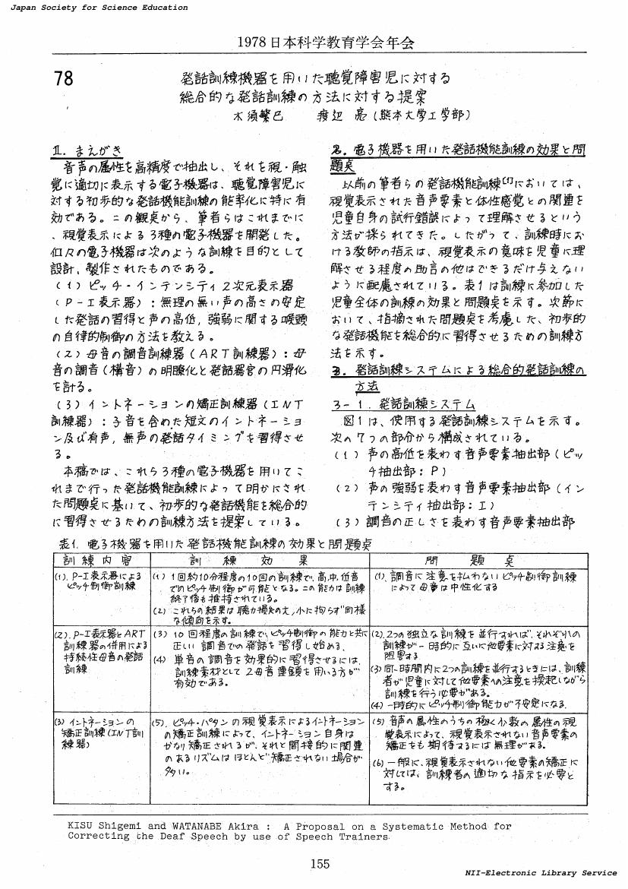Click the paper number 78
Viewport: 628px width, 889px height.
(x=65, y=78)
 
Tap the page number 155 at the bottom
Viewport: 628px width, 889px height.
(x=320, y=862)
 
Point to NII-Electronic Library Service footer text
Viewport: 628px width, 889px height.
(x=541, y=873)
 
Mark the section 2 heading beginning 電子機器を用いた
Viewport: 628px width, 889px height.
(x=459, y=150)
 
